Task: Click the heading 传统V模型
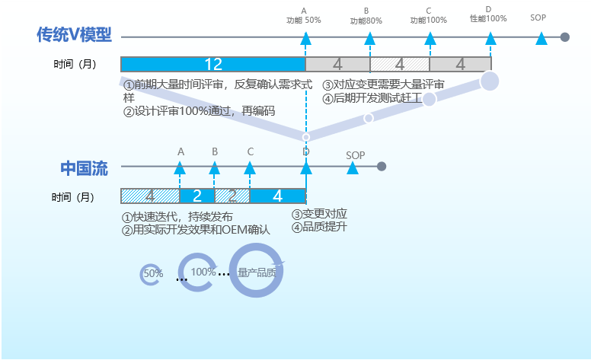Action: (x=74, y=35)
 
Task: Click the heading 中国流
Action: (x=84, y=168)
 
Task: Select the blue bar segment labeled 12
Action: (x=212, y=64)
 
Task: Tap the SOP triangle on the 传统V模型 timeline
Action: (x=541, y=38)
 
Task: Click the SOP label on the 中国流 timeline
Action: (x=356, y=155)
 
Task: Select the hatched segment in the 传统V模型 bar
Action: (x=399, y=64)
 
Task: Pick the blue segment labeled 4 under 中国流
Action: (x=277, y=196)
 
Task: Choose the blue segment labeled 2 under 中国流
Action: (x=196, y=196)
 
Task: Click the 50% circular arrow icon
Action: (x=152, y=273)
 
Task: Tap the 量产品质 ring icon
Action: (x=257, y=272)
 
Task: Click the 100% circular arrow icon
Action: (x=200, y=272)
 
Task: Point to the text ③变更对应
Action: (x=320, y=213)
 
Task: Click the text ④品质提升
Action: (x=320, y=226)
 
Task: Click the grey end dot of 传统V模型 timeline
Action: (x=564, y=37)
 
